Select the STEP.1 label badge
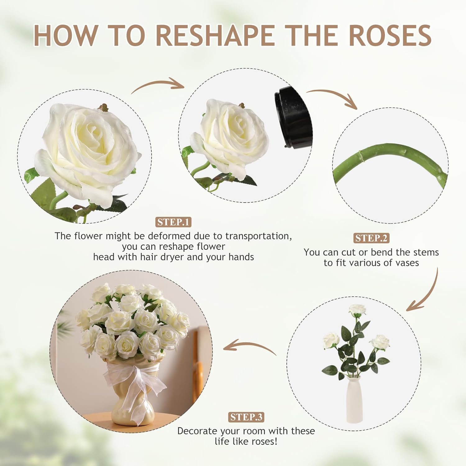(173, 222)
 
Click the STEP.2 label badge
(371, 238)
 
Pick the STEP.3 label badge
(247, 417)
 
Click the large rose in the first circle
(89, 149)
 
